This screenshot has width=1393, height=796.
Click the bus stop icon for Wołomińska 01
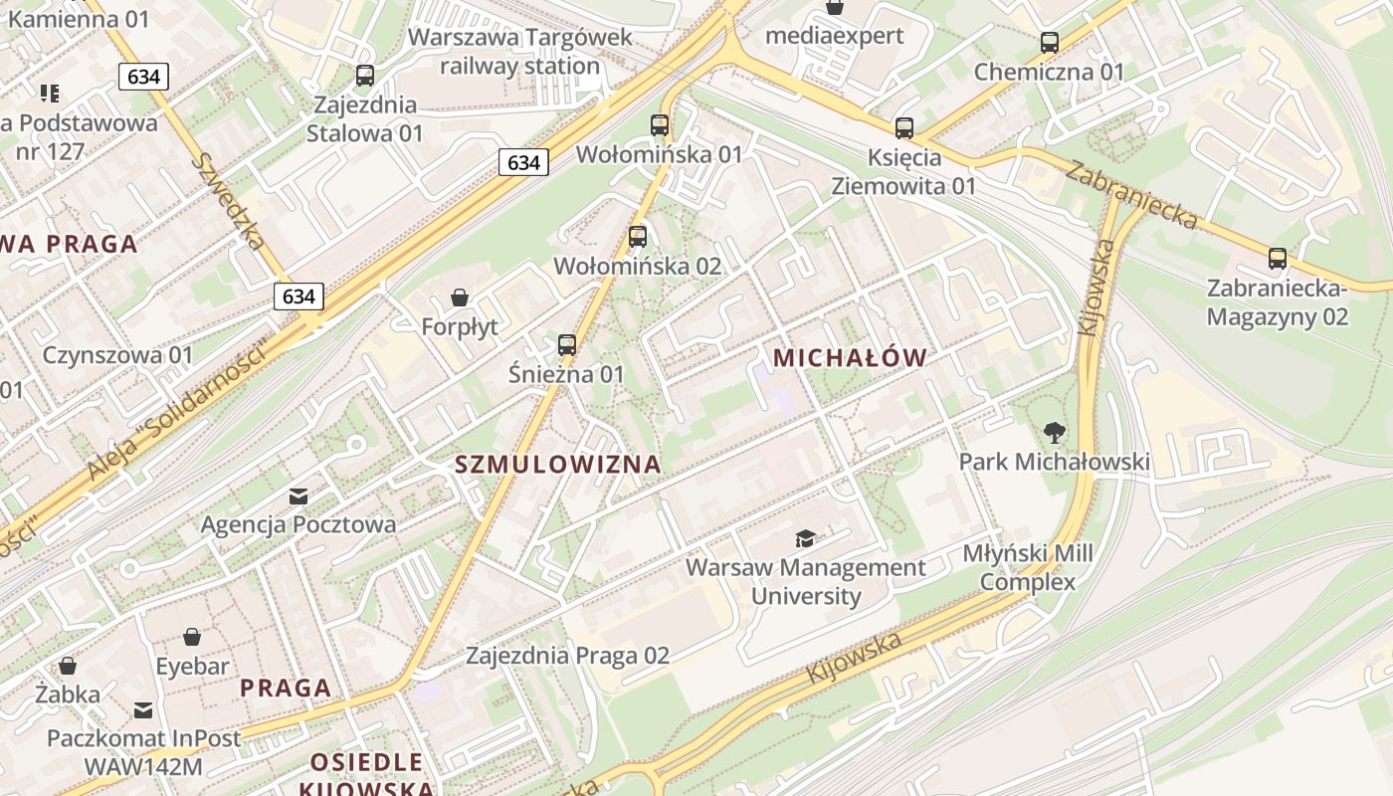click(x=659, y=125)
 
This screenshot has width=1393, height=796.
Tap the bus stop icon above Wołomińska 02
click(x=638, y=237)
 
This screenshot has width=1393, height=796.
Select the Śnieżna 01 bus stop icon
click(x=567, y=345)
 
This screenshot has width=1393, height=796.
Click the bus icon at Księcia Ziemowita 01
click(x=903, y=128)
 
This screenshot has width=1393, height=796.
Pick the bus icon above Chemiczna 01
click(x=1049, y=43)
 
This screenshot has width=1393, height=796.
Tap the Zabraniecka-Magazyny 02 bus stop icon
click(x=1278, y=259)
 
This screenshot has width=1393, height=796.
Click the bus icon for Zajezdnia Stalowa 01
click(x=365, y=75)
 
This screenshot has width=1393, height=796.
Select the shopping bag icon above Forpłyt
click(x=460, y=297)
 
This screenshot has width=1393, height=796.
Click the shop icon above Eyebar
click(x=192, y=637)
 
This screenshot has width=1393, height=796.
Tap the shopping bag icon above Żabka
click(x=68, y=665)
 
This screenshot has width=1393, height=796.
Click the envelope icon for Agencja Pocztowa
click(x=298, y=496)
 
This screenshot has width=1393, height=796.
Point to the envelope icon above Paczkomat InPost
click(x=143, y=709)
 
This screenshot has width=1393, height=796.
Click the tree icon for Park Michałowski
click(x=1055, y=433)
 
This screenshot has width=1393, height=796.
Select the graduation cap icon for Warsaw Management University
click(x=805, y=539)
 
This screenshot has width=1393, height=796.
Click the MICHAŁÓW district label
click(x=850, y=358)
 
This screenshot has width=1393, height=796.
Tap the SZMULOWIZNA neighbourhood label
click(x=558, y=464)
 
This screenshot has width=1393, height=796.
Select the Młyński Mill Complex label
click(x=1028, y=567)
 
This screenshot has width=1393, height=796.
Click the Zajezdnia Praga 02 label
click(x=568, y=656)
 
